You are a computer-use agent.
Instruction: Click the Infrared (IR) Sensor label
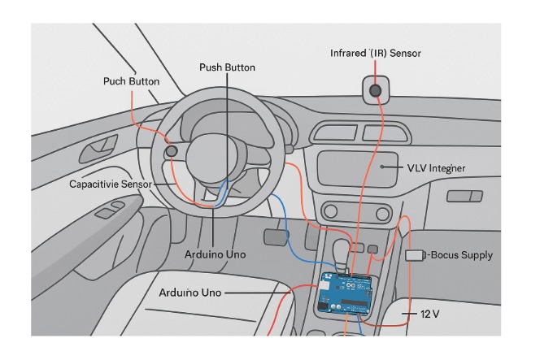coord(375,53)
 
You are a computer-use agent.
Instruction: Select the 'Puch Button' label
coord(131,81)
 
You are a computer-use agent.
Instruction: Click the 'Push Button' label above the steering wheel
coord(227,67)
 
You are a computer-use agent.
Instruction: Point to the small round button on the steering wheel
coord(172,150)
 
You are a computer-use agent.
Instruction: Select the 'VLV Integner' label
coord(436,168)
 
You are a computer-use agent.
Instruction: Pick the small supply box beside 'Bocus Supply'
coord(414,255)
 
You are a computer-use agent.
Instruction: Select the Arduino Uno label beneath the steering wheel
coord(215,254)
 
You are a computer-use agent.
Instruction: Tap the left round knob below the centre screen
coord(333,213)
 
